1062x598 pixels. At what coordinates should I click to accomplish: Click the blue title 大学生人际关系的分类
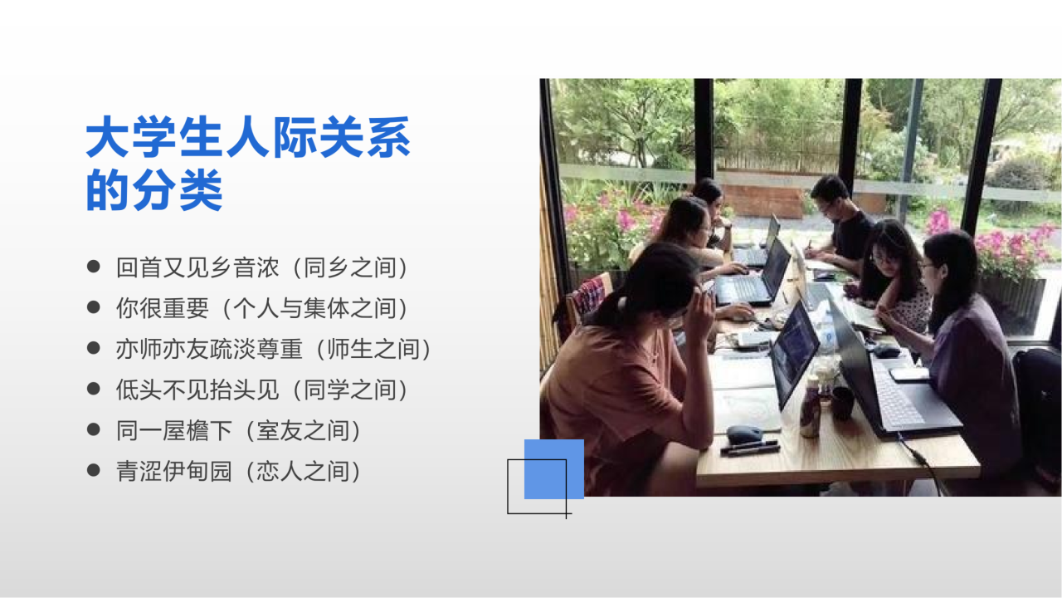pyautogui.click(x=247, y=163)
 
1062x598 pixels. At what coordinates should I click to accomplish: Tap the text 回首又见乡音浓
pyautogui.click(x=197, y=267)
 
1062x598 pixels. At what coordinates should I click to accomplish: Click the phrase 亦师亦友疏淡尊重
pyautogui.click(x=209, y=350)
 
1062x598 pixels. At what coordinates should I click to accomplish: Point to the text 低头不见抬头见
pyautogui.click(x=197, y=390)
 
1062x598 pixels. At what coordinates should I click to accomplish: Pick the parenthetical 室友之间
pyautogui.click(x=303, y=431)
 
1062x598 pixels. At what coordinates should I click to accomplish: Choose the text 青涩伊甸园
pyautogui.click(x=174, y=472)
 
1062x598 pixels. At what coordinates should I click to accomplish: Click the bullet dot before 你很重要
pyautogui.click(x=94, y=307)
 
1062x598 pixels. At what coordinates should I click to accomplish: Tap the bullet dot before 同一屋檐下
pyautogui.click(x=94, y=429)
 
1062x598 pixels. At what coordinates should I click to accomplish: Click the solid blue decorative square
pyautogui.click(x=553, y=469)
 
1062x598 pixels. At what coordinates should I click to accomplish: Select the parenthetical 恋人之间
pyautogui.click(x=303, y=472)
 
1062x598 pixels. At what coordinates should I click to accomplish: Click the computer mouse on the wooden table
pyautogui.click(x=744, y=434)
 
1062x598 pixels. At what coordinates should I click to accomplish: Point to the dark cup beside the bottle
pyautogui.click(x=842, y=404)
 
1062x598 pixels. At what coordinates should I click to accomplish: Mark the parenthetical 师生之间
pyautogui.click(x=373, y=350)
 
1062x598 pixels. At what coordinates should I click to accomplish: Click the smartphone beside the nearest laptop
pyautogui.click(x=909, y=375)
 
